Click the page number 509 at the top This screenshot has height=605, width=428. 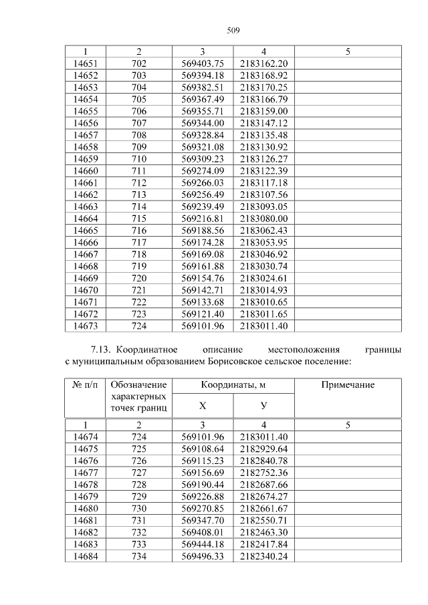(233, 31)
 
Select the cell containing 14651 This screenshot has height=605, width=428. (85, 64)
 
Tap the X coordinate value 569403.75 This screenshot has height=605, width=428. (202, 64)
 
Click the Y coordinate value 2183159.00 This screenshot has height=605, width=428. (263, 111)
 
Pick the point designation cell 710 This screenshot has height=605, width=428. (138, 159)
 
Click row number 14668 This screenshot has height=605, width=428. (85, 265)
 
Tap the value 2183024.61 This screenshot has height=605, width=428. (263, 277)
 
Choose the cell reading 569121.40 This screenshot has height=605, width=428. (202, 314)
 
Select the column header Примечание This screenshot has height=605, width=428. (348, 386)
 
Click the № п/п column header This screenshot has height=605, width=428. (85, 386)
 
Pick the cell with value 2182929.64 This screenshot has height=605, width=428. (263, 449)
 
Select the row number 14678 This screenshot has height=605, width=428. (85, 484)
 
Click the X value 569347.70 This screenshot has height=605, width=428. (202, 520)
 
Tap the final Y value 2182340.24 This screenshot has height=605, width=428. (263, 556)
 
